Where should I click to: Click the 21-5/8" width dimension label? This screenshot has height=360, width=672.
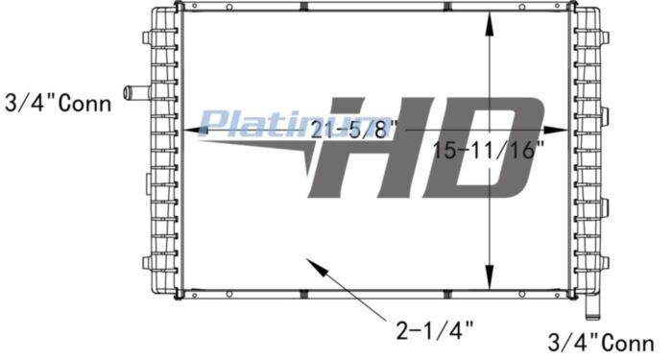[x=354, y=130]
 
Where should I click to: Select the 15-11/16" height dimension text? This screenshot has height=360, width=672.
[x=489, y=150]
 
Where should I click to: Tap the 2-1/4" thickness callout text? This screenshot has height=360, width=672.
[x=435, y=330]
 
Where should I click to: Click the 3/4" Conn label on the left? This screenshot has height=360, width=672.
[x=59, y=104]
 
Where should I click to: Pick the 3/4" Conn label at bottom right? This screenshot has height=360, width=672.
[x=601, y=343]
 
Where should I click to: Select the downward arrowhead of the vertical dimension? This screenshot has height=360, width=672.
[x=491, y=276]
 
